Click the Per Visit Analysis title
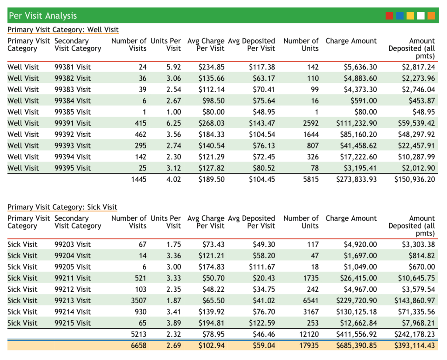click(x=42, y=16)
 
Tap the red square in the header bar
click(x=389, y=16)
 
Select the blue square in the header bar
click(x=400, y=16)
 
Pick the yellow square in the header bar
click(x=410, y=16)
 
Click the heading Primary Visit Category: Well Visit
click(x=63, y=30)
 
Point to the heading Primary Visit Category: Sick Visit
click(x=62, y=207)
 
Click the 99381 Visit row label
click(x=72, y=67)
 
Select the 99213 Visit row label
click(x=72, y=301)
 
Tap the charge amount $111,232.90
click(x=356, y=123)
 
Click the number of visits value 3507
click(x=138, y=301)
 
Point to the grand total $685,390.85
click(x=356, y=346)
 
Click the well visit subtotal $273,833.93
click(x=356, y=179)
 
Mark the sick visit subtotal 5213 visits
click(x=138, y=334)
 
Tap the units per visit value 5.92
click(x=173, y=67)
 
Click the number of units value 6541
click(x=310, y=301)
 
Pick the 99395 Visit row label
click(x=72, y=168)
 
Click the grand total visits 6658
click(x=138, y=346)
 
